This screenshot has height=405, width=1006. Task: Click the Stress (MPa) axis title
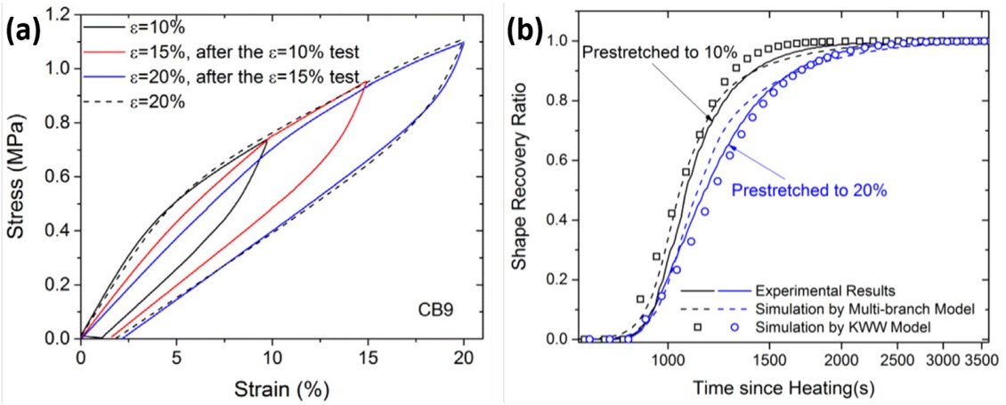click(x=20, y=178)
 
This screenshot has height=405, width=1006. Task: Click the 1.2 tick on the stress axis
click(x=61, y=15)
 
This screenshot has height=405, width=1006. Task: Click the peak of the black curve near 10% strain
click(x=266, y=140)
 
